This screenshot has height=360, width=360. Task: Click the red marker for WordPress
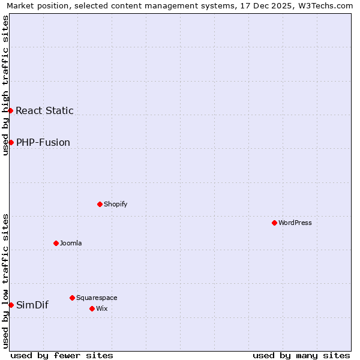click(274, 223)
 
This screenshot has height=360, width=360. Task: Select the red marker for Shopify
click(100, 204)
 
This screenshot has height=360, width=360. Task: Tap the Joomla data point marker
click(56, 243)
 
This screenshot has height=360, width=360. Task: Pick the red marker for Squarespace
click(72, 298)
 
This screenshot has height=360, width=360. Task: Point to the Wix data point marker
click(92, 308)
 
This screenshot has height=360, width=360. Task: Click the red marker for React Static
click(10, 110)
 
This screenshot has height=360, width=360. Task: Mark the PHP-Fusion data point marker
click(11, 142)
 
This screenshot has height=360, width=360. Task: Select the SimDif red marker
click(11, 305)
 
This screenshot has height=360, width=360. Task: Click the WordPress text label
click(295, 223)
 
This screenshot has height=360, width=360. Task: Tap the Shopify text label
click(116, 204)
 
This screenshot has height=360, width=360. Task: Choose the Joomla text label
click(71, 243)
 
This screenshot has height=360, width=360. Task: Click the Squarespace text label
click(97, 298)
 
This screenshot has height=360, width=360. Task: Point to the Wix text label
click(101, 308)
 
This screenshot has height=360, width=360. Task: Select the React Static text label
click(44, 110)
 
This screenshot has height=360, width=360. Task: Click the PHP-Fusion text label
click(43, 142)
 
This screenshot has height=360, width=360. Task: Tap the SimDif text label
click(32, 305)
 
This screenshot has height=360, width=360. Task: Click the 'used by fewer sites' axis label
click(62, 355)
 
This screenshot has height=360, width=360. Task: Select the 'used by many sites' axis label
click(301, 355)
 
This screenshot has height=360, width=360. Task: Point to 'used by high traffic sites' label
click(5, 85)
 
